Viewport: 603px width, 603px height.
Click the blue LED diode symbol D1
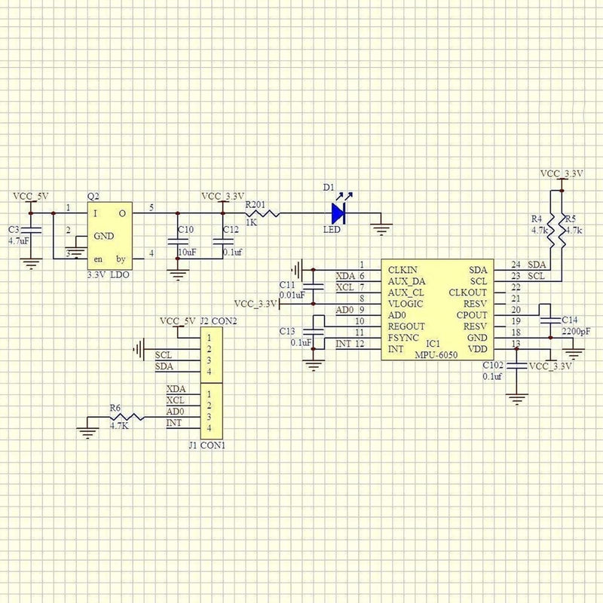click(338, 213)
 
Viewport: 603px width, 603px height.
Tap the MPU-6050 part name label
click(436, 355)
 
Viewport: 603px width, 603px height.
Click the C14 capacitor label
click(570, 320)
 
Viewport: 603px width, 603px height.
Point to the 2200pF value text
click(576, 332)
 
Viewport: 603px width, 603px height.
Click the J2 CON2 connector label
click(219, 321)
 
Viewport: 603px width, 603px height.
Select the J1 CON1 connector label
click(207, 445)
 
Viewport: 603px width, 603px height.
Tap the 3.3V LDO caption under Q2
click(108, 275)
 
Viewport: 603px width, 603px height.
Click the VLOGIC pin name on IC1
click(406, 304)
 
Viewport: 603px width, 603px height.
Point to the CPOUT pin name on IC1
click(472, 315)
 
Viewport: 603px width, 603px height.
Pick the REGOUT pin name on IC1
click(406, 326)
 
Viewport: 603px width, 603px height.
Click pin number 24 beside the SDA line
click(516, 265)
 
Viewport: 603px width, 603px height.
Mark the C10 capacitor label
click(185, 230)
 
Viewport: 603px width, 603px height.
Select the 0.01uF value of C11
click(292, 295)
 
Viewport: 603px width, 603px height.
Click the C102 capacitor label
click(493, 366)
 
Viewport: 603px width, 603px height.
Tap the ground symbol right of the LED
click(381, 230)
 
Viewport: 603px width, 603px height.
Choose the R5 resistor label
click(571, 219)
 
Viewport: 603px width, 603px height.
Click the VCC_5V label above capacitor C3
click(31, 197)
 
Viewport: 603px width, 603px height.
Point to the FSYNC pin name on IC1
click(403, 338)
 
